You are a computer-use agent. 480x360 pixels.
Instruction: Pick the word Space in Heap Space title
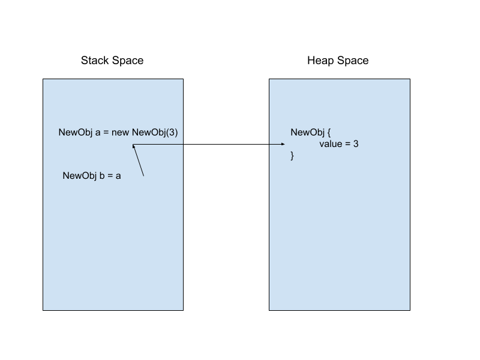352,61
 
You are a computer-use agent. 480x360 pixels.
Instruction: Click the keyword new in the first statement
121,133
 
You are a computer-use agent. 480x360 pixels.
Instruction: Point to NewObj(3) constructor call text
155,132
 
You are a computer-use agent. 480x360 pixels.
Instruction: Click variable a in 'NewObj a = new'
98,133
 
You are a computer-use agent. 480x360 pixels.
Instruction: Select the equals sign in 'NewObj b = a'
110,176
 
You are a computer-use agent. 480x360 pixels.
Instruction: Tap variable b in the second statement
102,175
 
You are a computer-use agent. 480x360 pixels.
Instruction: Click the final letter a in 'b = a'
118,176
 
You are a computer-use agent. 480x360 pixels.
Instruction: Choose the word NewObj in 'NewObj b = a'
80,175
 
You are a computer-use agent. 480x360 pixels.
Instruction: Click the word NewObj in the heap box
307,132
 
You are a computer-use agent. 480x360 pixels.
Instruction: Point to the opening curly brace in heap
329,133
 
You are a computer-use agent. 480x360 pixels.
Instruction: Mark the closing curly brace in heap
292,156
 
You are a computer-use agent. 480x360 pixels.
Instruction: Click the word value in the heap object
331,144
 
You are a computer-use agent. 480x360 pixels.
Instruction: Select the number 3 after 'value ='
356,144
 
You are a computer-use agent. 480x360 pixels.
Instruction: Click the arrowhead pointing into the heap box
283,144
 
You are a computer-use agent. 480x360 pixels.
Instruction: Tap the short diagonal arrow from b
138,160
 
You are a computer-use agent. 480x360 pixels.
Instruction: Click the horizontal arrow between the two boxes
208,144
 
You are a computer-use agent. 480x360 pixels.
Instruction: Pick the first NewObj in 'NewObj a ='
76,132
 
